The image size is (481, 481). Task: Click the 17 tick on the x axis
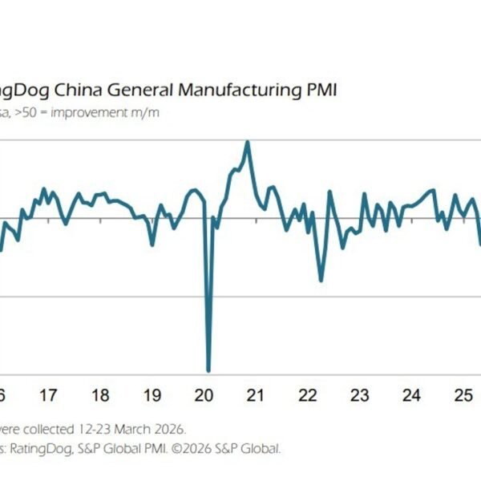(48, 395)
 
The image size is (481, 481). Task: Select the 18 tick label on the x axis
(100, 395)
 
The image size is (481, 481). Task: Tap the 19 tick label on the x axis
(152, 395)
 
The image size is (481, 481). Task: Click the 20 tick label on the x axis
(204, 395)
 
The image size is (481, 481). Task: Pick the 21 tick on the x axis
(256, 395)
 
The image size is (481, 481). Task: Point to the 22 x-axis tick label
(308, 395)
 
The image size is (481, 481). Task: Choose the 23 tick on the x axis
(360, 395)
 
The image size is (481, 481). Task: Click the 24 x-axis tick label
(412, 395)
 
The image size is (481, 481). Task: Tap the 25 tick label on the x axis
(463, 395)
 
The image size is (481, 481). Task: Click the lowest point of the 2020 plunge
(208, 371)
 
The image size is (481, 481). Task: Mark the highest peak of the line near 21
(248, 142)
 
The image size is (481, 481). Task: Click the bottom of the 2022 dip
(321, 280)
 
